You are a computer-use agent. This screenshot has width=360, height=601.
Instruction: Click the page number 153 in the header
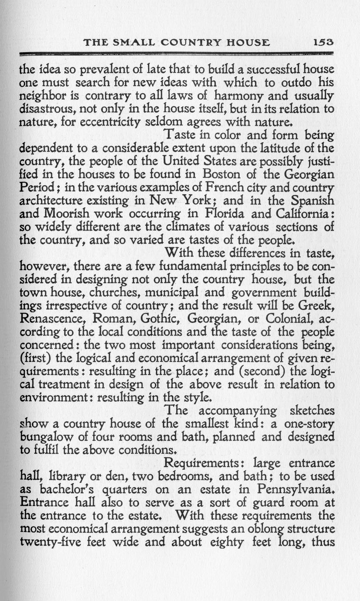[323, 43]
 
